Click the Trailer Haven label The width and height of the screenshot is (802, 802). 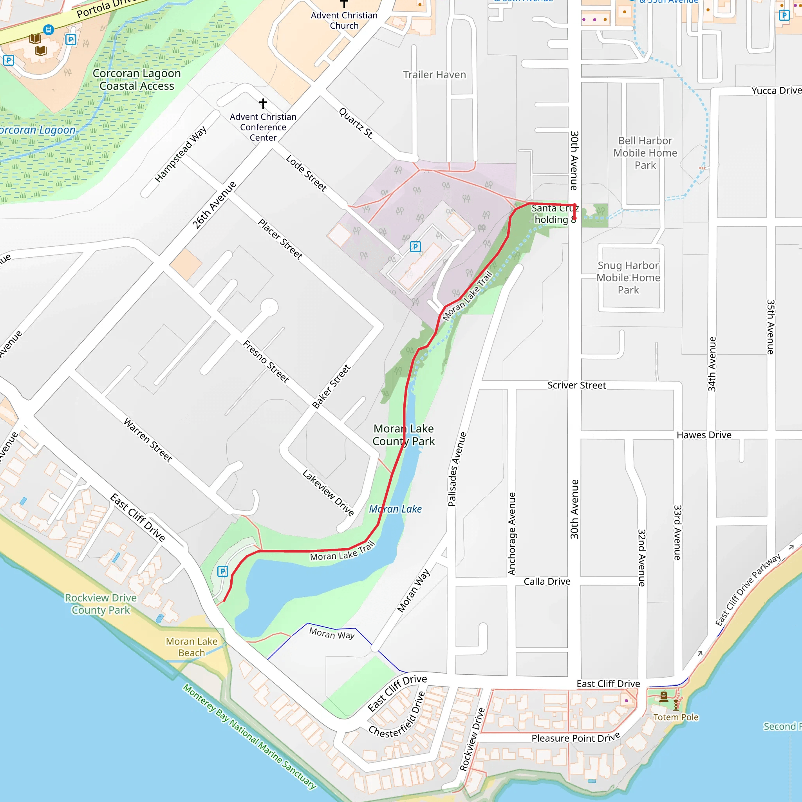click(434, 75)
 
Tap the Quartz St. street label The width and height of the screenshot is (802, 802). click(356, 123)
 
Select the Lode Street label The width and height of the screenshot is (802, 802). click(306, 173)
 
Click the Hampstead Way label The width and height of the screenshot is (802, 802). click(181, 154)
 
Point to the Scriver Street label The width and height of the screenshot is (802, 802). click(576, 385)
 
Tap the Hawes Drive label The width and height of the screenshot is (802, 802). click(704, 435)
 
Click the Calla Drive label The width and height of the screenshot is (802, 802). click(547, 582)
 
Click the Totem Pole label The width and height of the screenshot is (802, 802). click(676, 717)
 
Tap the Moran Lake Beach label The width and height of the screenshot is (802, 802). click(191, 647)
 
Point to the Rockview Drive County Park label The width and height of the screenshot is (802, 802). click(101, 604)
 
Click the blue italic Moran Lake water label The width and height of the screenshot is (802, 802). click(395, 509)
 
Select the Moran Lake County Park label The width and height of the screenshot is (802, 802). click(403, 435)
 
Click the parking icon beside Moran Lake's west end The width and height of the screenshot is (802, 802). click(222, 572)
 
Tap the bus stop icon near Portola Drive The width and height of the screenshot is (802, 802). click(49, 29)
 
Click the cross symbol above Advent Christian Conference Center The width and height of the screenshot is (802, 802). click(263, 103)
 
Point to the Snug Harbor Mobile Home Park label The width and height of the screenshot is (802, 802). click(628, 278)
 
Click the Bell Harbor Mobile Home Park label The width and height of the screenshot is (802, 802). click(645, 153)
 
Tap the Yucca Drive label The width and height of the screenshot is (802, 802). click(775, 90)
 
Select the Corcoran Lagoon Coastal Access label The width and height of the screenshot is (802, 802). click(137, 80)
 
